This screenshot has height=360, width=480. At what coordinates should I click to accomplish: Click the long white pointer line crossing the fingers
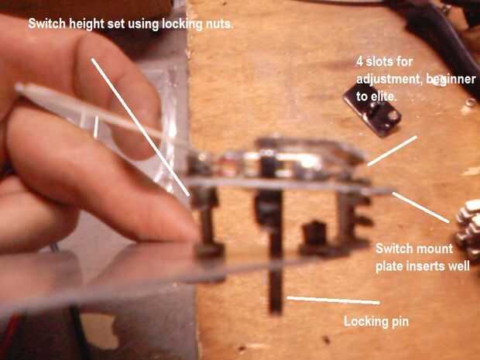[x=140, y=127]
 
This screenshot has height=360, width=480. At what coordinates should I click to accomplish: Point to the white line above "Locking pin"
[x=333, y=300]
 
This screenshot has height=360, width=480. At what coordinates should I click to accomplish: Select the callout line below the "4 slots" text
[x=393, y=151]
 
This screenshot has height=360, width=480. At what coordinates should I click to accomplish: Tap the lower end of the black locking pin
[x=276, y=312]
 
